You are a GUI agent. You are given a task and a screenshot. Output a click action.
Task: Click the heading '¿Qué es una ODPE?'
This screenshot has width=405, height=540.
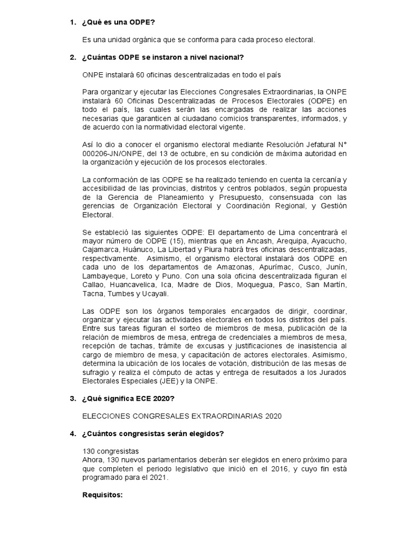[119, 22]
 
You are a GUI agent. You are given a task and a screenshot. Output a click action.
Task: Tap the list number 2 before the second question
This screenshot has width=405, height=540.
[73, 57]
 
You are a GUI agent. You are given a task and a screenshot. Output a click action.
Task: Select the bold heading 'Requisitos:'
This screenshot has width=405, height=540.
[102, 496]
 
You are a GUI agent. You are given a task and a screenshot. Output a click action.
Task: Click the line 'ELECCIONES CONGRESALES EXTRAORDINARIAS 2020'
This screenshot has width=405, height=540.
[182, 416]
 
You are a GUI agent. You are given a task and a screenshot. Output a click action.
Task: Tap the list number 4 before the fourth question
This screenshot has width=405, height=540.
[73, 433]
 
